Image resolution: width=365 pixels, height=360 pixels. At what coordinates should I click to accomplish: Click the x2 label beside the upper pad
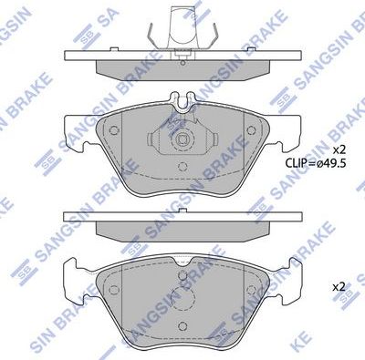pos(338,149)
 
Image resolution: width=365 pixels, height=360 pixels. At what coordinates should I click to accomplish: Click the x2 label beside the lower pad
pos(338,286)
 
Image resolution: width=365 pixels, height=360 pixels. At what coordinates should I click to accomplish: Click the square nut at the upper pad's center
pos(183,141)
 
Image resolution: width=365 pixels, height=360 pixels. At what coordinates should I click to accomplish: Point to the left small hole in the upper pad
pos(114,129)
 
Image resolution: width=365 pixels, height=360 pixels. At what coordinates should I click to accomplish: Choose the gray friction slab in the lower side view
pos(183,228)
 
